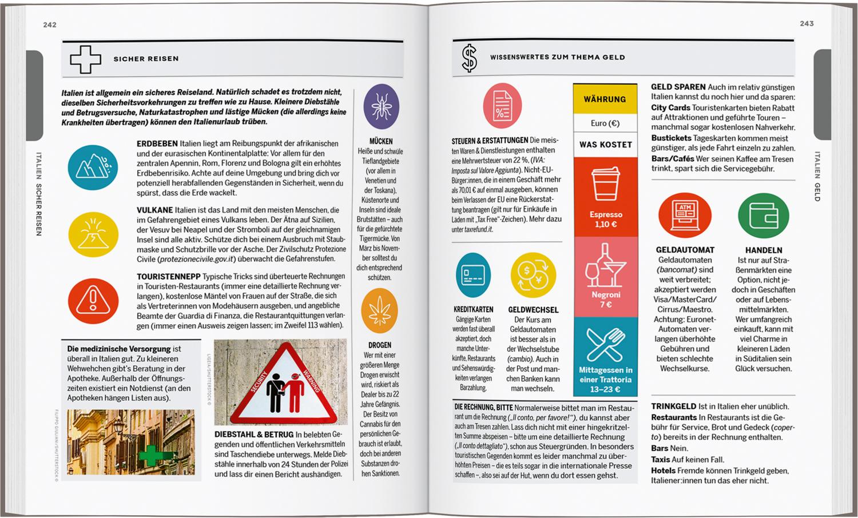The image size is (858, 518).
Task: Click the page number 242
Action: point(50,25)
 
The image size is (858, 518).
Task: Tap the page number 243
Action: point(807,23)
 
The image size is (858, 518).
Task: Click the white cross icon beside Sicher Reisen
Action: point(85,59)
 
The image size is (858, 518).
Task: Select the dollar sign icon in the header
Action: point(469,58)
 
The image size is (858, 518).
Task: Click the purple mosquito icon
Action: point(381,107)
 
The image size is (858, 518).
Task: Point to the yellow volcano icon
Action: point(93,234)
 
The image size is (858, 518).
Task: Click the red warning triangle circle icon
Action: point(93,300)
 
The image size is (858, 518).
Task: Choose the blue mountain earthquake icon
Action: point(93,167)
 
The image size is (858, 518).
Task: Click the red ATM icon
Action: point(685,215)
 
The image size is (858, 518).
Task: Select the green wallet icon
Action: point(763,216)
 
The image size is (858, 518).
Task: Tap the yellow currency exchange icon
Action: point(533,275)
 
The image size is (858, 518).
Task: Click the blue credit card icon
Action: point(473,275)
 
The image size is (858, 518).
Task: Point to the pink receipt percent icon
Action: point(502,106)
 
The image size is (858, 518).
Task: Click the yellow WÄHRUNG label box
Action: point(605,99)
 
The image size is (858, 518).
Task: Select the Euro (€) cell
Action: point(605,123)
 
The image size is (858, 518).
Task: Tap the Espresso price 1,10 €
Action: point(606,225)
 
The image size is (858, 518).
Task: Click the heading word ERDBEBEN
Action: point(157,144)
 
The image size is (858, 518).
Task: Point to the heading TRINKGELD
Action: point(673,407)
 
